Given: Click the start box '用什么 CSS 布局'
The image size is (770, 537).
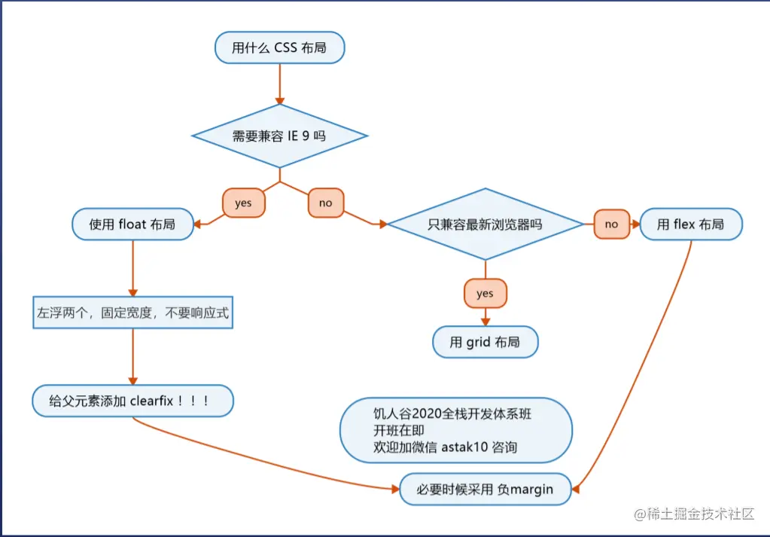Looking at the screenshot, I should click(279, 48).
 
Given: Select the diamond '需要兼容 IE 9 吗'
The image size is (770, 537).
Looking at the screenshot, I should click(279, 136).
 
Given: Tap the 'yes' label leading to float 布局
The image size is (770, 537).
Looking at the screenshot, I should click(243, 203).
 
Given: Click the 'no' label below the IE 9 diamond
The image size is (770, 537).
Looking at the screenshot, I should click(325, 203).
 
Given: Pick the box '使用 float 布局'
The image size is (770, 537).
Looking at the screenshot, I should click(132, 224).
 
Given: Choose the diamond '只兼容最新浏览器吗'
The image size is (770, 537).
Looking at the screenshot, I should click(485, 224).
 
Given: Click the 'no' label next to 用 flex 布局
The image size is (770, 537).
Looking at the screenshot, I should click(611, 224).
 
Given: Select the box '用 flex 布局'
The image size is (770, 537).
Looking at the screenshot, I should click(690, 224).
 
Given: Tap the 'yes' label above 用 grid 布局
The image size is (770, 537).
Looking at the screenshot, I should click(485, 294).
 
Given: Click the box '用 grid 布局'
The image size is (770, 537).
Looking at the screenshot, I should click(485, 342).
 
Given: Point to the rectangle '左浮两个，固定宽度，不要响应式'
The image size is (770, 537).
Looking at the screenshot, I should click(132, 312).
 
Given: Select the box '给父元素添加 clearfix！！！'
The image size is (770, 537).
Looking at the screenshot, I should click(132, 401).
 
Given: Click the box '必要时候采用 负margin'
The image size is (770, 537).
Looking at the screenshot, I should click(485, 489).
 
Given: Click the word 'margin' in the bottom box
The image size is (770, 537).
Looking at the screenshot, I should click(532, 489).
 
